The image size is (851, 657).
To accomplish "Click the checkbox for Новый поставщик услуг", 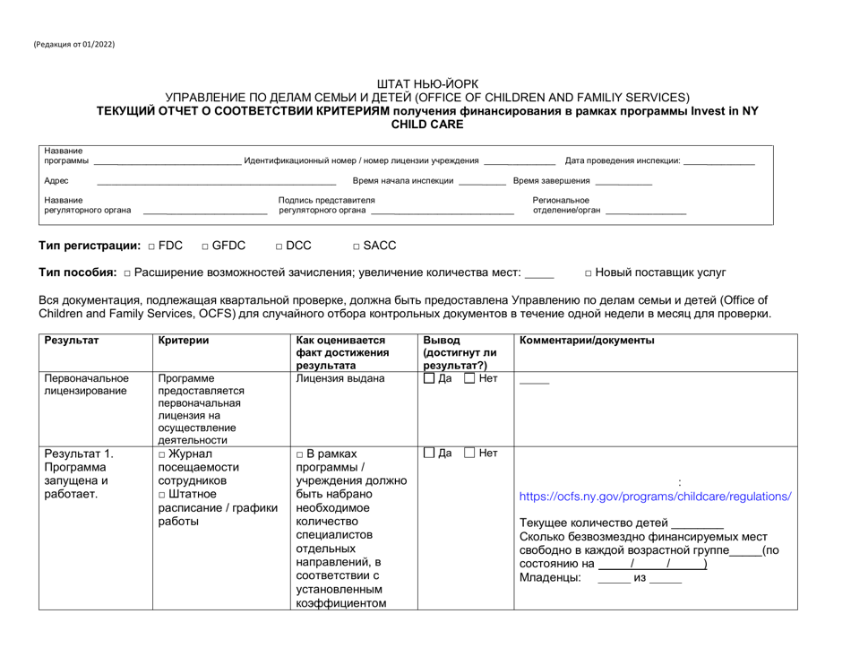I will [x=589, y=272].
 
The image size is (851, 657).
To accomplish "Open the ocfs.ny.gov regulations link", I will [x=655, y=496].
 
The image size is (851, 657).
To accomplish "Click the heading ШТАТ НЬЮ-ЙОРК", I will [x=425, y=83].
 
